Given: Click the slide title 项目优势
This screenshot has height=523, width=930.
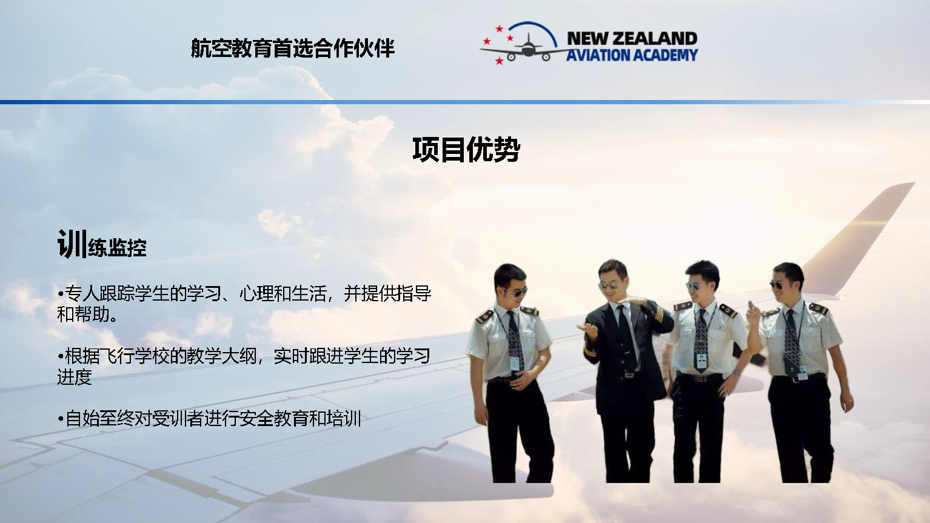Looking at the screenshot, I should coord(466,150).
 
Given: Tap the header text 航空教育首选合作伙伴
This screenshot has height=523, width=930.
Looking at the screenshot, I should coord(293,48).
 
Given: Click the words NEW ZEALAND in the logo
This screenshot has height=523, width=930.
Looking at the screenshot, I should coord(632,38).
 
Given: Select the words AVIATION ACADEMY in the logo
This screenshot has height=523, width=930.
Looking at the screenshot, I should coord(632,55).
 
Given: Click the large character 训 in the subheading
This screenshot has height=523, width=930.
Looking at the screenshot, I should coord(72,244).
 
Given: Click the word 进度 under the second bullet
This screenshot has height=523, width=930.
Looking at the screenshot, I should coord(75,377).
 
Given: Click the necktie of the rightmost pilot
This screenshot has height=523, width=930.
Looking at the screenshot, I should coord(792,339).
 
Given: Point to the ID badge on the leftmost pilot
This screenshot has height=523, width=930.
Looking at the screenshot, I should coord(514,362).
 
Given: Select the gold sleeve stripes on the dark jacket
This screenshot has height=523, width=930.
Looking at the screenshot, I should coord(589,351).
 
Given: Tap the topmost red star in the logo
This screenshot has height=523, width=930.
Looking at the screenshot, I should coord(500,28).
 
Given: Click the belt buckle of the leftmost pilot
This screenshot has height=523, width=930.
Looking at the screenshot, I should coord(508,380).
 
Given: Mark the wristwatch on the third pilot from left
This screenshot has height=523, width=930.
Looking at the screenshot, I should coord(736,371).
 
